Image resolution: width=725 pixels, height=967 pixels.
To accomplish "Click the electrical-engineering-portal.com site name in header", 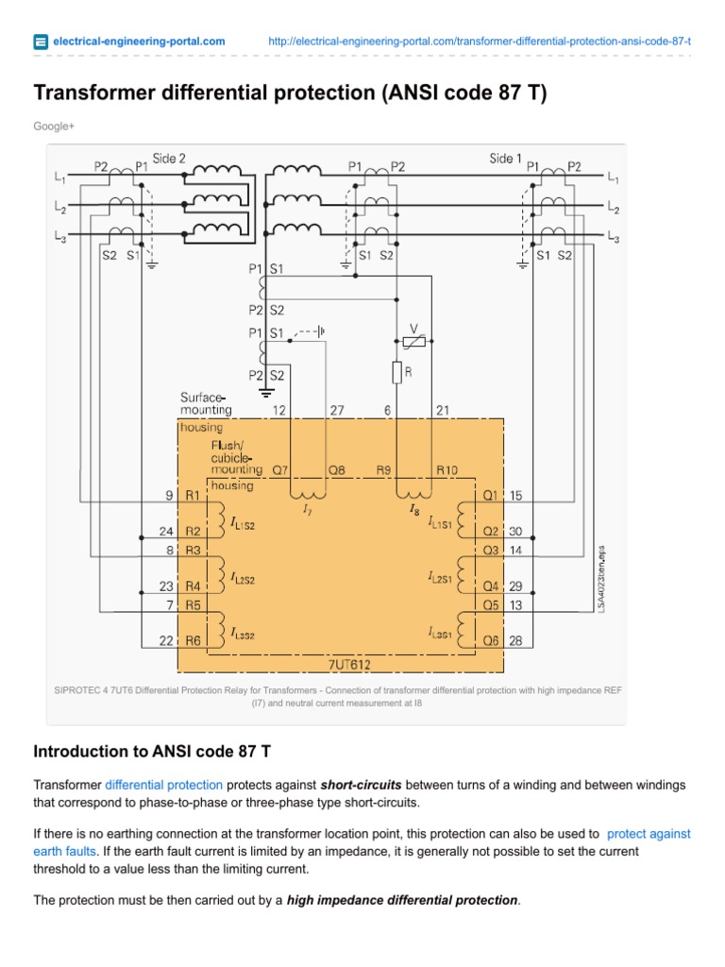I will (x=139, y=41).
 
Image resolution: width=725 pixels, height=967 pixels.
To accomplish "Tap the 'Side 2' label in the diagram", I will (x=169, y=159).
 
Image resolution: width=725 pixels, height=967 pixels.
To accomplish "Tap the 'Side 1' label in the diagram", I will (x=505, y=159).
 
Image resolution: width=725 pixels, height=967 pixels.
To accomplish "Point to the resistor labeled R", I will (x=397, y=372).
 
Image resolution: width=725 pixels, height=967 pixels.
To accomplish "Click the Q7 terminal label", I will (x=280, y=468).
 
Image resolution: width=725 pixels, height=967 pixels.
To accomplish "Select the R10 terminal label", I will (x=446, y=468).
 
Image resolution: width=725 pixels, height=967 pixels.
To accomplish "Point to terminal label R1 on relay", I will (x=193, y=494).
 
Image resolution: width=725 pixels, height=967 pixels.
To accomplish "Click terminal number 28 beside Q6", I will (x=516, y=641).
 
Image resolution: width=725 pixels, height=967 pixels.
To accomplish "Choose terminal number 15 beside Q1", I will (x=516, y=494).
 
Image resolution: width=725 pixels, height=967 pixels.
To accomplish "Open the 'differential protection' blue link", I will (x=163, y=785).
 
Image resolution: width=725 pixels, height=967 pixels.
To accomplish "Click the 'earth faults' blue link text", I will (x=64, y=851).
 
